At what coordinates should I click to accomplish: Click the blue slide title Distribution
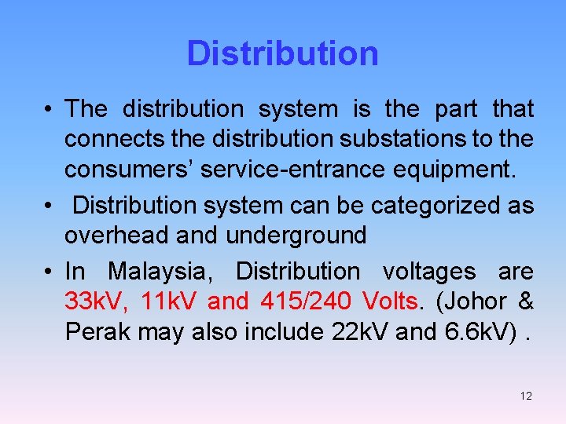(282, 53)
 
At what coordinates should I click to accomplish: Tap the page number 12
(526, 396)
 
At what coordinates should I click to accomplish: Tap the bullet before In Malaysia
(49, 272)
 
